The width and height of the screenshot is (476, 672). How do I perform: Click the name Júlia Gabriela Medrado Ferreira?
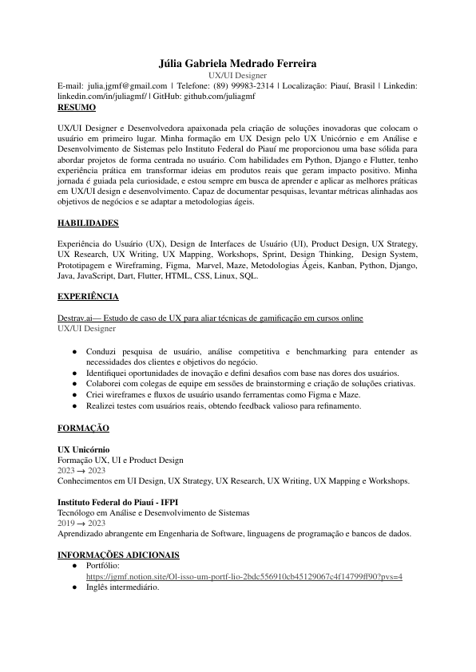[x=237, y=62]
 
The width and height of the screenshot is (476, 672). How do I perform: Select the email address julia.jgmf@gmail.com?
[x=128, y=85]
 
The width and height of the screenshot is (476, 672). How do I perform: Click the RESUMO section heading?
[x=77, y=106]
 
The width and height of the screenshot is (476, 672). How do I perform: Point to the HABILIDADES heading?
[x=89, y=223]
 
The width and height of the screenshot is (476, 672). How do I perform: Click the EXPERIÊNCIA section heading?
[x=88, y=297]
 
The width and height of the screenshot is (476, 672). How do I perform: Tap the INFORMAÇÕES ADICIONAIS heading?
[x=118, y=555]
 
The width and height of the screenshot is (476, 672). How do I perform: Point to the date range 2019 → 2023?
[x=81, y=523]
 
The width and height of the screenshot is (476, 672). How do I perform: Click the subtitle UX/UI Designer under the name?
[x=237, y=74]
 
